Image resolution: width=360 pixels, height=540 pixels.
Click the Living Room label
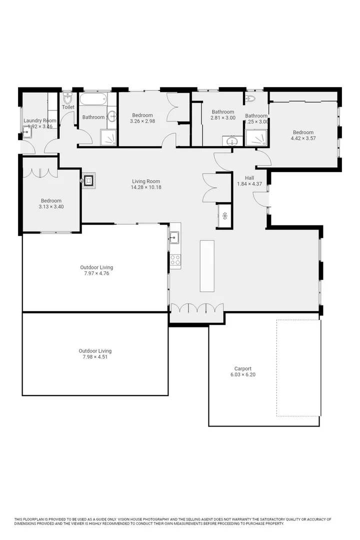tap(146, 181)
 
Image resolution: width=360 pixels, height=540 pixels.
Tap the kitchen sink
tap(174, 237)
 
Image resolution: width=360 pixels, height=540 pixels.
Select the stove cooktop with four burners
tap(175, 259)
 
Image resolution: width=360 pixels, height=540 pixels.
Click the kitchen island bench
tap(207, 265)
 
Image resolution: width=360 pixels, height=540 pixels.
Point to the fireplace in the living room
tap(88, 180)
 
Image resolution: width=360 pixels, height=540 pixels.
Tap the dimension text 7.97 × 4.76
tap(96, 273)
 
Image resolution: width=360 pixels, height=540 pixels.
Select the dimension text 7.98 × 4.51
tap(95, 357)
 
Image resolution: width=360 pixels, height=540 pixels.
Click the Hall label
tap(249, 178)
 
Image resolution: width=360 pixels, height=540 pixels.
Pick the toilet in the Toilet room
tap(68, 97)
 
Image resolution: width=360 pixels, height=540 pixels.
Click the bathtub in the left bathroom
tap(93, 99)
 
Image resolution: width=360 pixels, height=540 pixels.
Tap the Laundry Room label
tap(40, 120)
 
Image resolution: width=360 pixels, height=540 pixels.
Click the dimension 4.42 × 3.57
tap(303, 138)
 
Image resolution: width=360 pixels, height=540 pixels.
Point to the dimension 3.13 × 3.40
tap(51, 206)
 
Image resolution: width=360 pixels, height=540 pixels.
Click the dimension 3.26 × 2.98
tap(142, 121)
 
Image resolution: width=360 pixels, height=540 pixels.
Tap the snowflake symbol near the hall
tap(225, 215)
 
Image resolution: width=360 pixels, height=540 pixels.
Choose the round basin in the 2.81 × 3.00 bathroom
tap(231, 141)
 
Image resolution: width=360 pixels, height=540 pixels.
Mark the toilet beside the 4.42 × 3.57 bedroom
tap(250, 98)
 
